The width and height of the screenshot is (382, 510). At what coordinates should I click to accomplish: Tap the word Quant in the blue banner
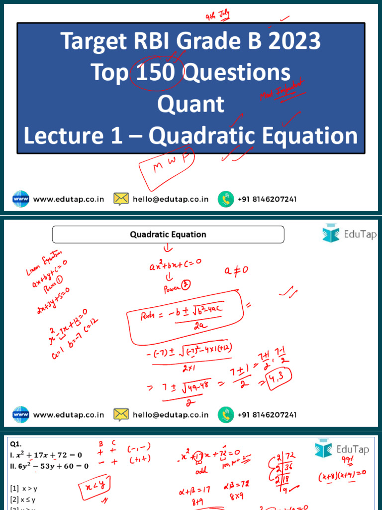(191, 104)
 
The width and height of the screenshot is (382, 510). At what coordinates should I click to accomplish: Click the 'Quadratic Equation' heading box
(168, 234)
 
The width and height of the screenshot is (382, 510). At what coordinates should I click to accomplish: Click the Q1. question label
(15, 443)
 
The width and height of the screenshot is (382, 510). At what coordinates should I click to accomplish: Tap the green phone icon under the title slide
(226, 199)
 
